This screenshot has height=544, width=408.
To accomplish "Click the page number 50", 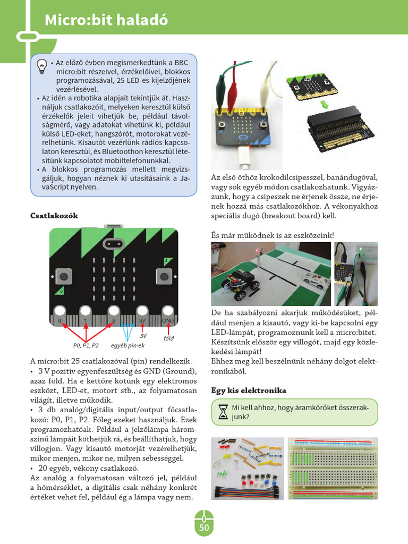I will click(204, 528).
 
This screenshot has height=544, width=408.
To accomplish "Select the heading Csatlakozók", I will click(54, 216).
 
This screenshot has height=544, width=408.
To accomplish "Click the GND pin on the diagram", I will click(168, 313).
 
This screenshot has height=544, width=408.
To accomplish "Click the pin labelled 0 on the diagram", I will click(59, 313).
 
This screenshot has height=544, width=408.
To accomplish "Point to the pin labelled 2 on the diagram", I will click(114, 313).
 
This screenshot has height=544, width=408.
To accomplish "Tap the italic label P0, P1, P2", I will click(86, 346).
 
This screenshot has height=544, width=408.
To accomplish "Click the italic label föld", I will click(169, 338).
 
